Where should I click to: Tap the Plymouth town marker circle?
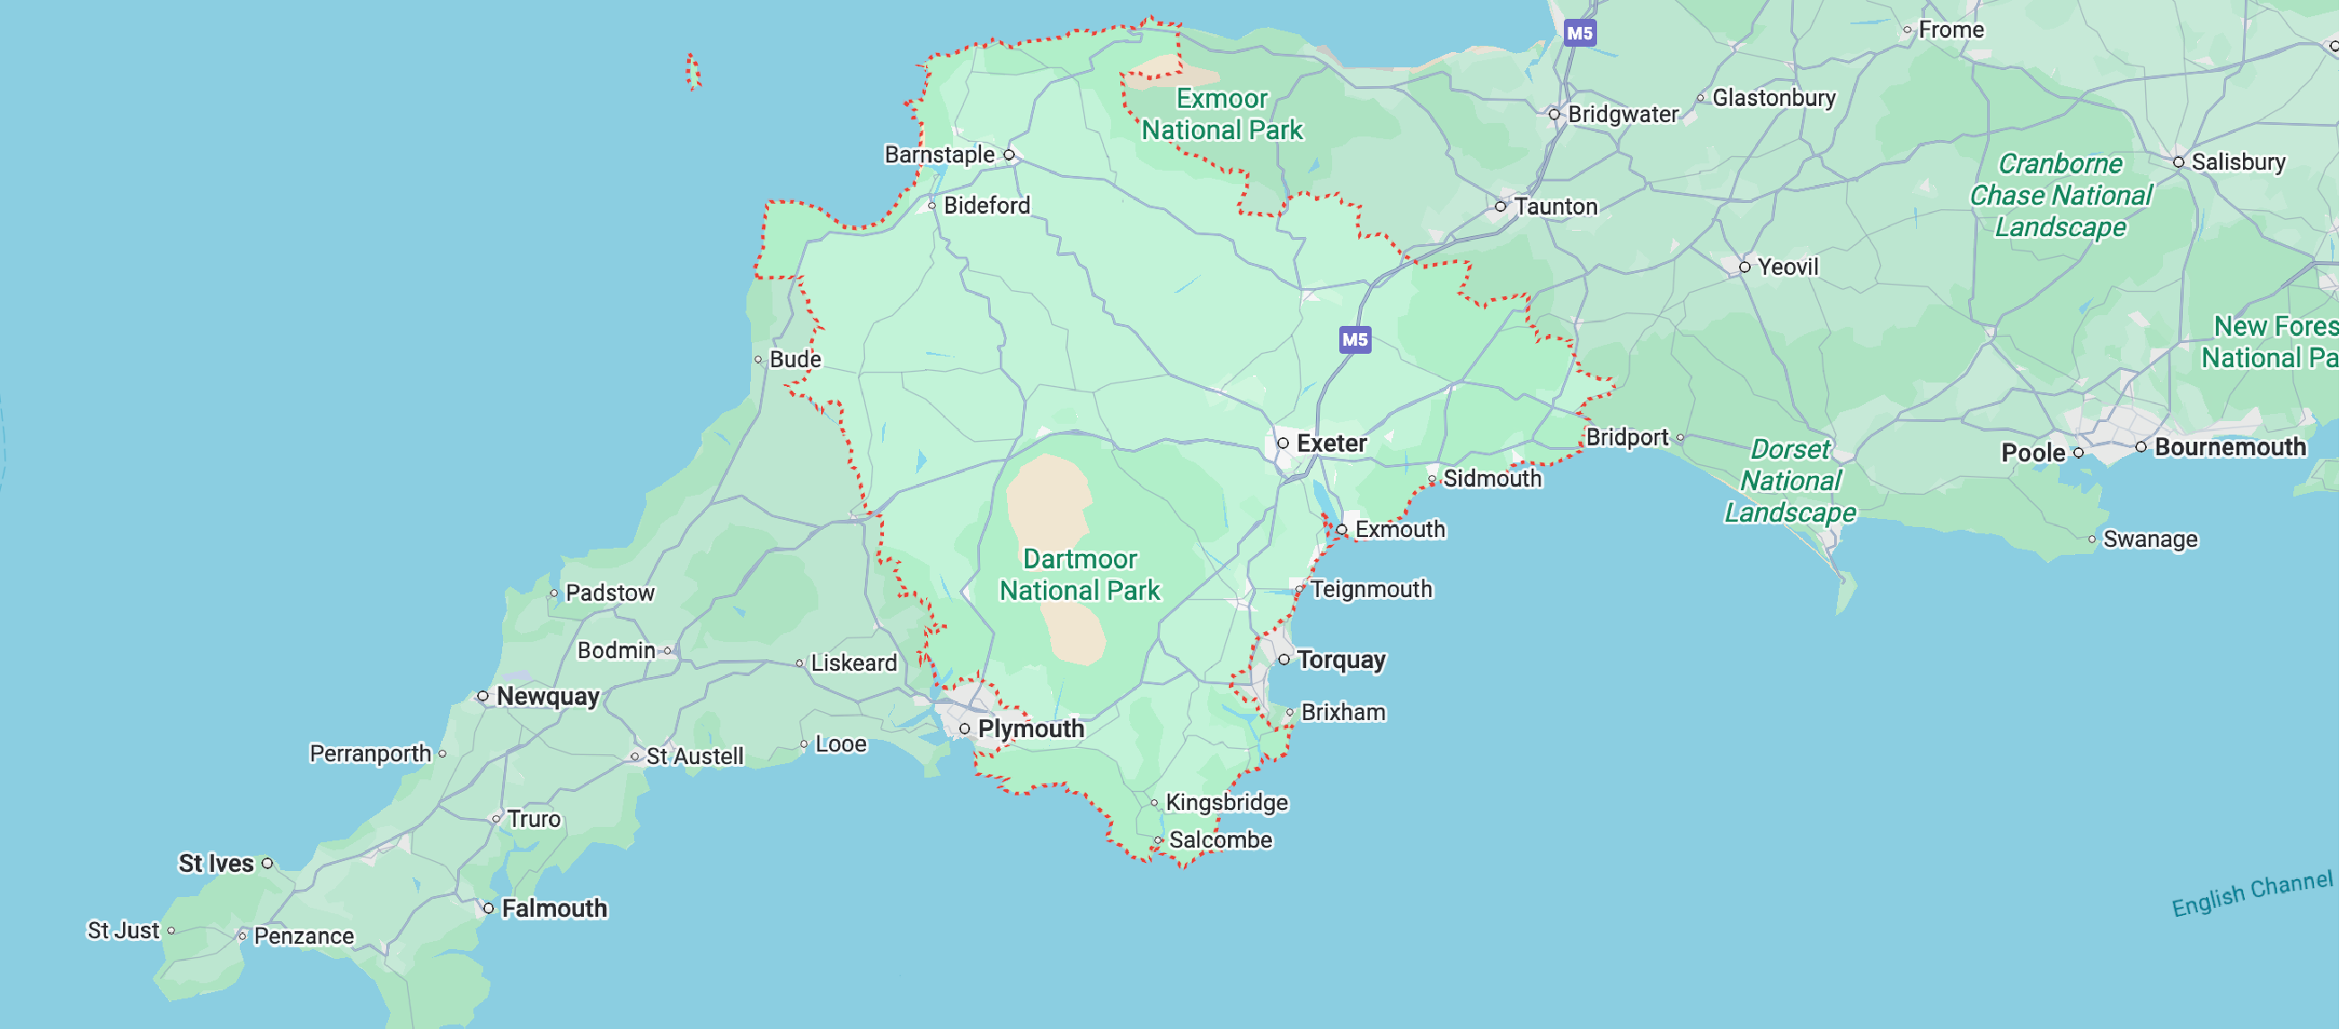[965, 728]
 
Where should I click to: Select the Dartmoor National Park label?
[1079, 575]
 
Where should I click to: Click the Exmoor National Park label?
[1222, 114]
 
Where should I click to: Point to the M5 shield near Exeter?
[1355, 339]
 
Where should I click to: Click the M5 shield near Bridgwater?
[1580, 33]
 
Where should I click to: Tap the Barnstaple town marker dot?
[1010, 155]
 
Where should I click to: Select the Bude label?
[795, 360]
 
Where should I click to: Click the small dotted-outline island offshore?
[693, 72]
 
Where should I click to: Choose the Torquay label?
[1341, 659]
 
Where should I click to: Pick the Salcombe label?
[1220, 840]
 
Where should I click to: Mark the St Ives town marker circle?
[267, 864]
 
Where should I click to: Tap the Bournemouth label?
[2230, 447]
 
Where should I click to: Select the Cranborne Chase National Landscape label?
[2061, 195]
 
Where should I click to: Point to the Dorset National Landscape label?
[1789, 481]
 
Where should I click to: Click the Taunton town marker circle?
[1501, 207]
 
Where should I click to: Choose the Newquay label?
[548, 697]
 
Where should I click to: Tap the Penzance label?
[304, 936]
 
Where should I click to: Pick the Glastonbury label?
[1773, 98]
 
